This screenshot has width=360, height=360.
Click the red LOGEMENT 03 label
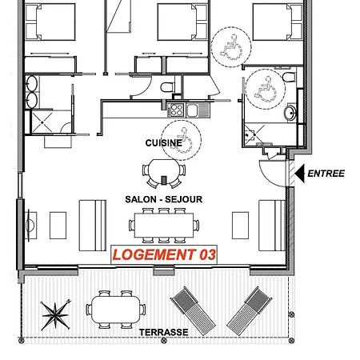point(164,254)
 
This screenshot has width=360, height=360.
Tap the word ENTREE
point(326,174)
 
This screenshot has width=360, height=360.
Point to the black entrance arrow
point(300,174)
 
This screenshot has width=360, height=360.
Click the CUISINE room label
point(164,143)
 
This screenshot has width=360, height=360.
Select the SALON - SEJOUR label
point(164,199)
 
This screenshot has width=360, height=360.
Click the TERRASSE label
point(164,332)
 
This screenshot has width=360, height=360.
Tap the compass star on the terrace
point(55,315)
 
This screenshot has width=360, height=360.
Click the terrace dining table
point(116,310)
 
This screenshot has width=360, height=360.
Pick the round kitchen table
point(164,172)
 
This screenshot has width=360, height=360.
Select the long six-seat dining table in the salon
point(164,226)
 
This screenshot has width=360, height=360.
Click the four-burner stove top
point(176,110)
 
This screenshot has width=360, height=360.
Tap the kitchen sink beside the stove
point(192,110)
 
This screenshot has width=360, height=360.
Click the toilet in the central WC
point(167,87)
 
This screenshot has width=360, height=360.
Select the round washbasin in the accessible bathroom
point(290,113)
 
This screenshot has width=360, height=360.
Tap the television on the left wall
point(30,226)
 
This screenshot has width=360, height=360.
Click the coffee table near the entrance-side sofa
point(240,226)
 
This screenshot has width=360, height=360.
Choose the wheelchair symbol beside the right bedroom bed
point(231,47)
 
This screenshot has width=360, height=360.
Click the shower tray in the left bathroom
point(42,122)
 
